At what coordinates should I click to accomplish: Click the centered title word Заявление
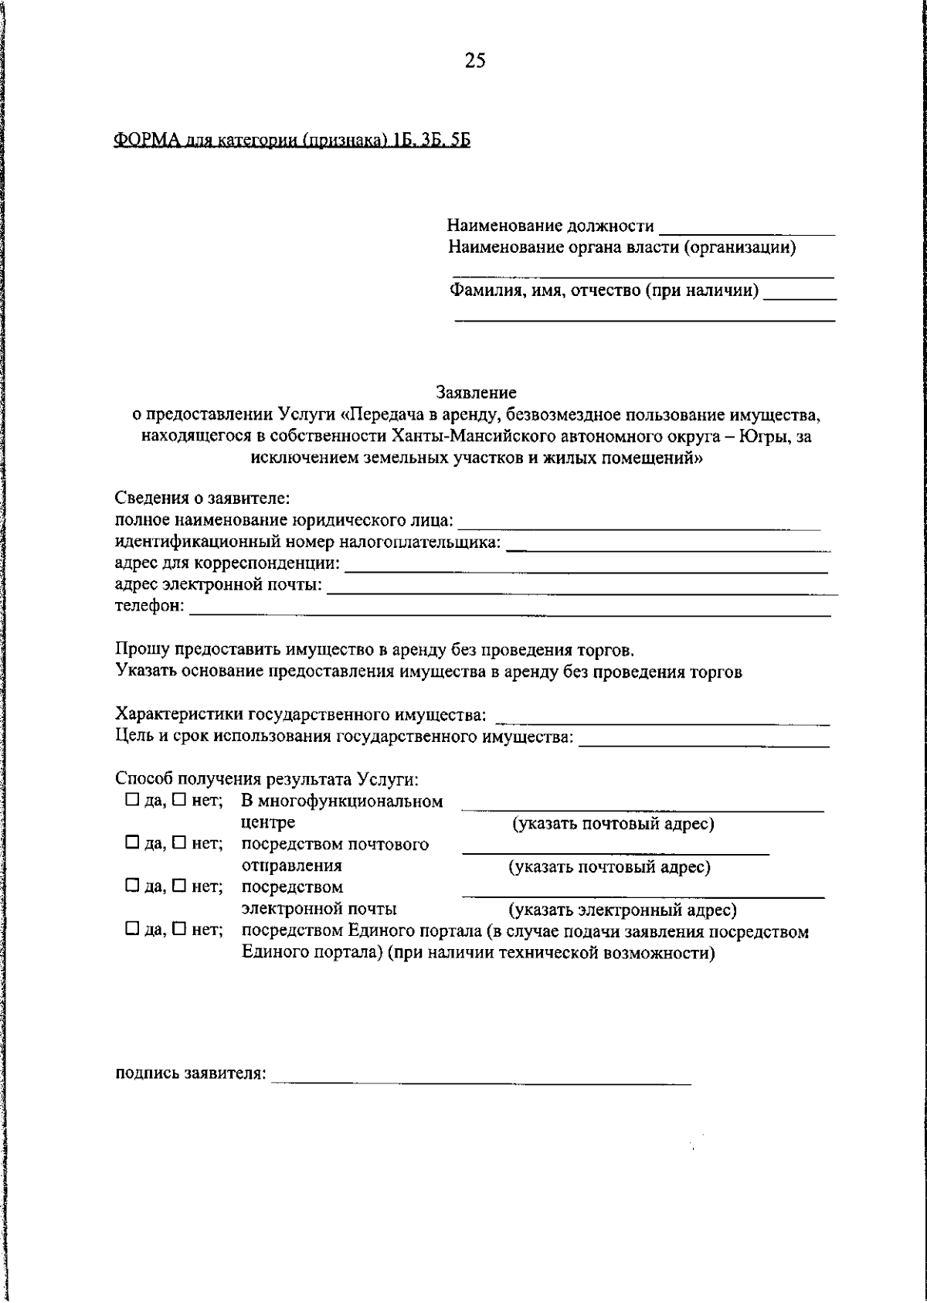click(476, 393)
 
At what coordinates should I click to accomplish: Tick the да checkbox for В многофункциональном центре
click(132, 801)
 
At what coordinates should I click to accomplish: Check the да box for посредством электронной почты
click(132, 886)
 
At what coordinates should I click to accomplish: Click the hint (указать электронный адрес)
click(622, 910)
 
